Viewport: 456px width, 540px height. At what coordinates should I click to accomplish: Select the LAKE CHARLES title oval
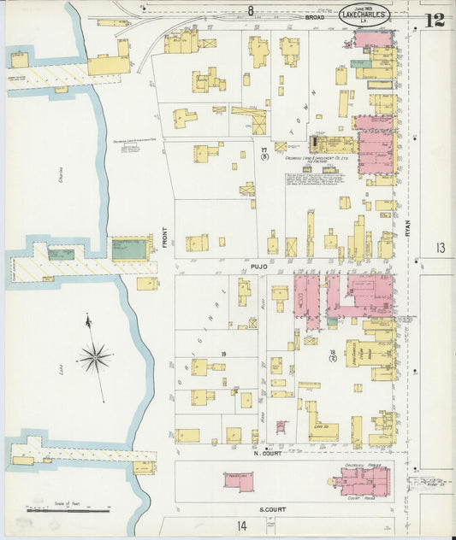click(364, 15)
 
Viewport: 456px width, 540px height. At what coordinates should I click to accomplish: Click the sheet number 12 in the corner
click(435, 19)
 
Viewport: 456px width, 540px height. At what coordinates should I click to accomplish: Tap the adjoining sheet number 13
click(440, 248)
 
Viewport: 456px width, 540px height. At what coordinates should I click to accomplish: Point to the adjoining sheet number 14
click(243, 526)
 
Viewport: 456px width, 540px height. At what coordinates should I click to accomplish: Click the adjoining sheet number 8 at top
click(251, 10)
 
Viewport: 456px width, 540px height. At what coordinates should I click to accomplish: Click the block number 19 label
click(223, 354)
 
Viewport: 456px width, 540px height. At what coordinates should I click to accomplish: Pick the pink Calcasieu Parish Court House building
click(364, 479)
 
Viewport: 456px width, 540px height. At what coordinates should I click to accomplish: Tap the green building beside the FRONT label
click(129, 249)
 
